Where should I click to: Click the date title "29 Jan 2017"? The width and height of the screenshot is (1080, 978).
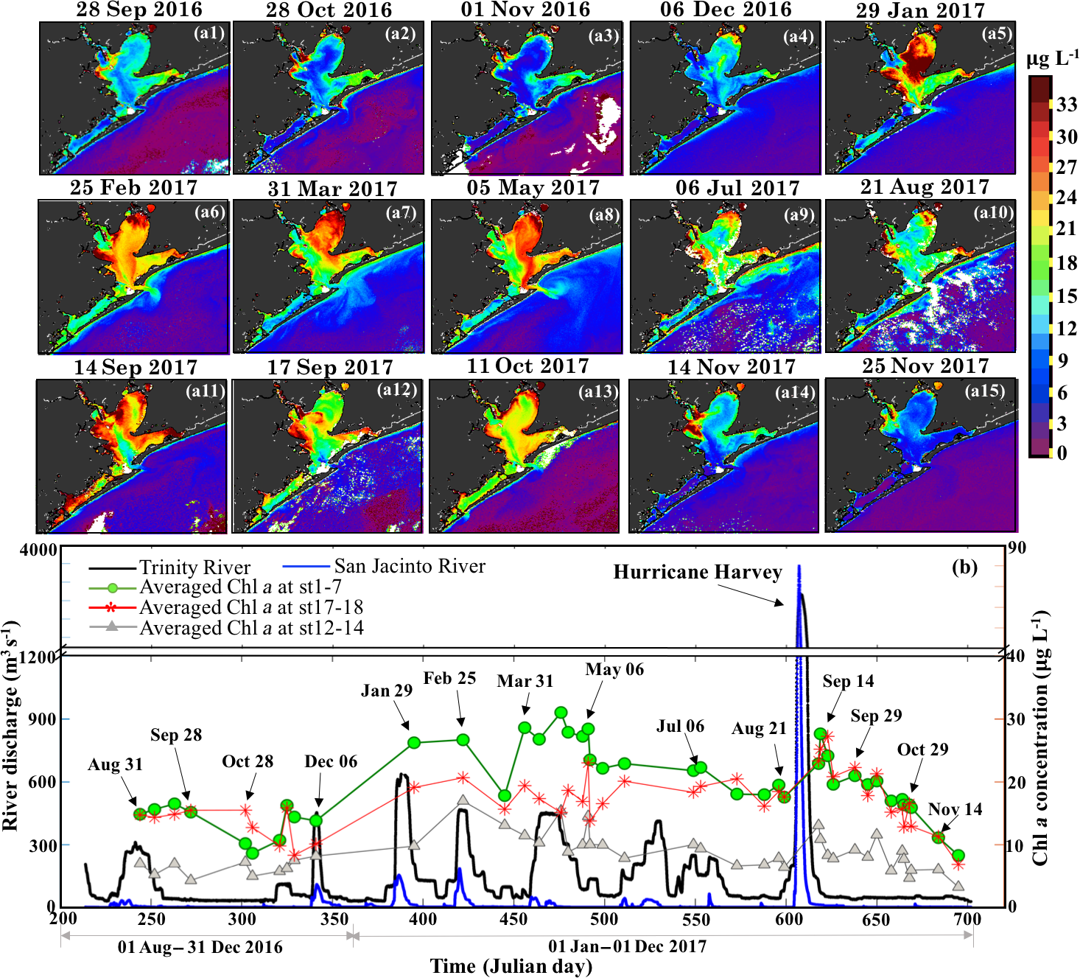920,10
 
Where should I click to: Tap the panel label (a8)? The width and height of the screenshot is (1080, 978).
604,214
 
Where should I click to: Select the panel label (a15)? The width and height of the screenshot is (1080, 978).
985,391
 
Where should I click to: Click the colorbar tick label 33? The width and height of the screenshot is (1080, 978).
1067,104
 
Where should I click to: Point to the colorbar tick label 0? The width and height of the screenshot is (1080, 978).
1062,453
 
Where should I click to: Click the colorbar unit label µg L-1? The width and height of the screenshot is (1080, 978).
1053,58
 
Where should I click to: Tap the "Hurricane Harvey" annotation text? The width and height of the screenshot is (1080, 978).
697,573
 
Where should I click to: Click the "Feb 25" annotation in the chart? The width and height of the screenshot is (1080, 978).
449,678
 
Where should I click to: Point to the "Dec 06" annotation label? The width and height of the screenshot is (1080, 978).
331,761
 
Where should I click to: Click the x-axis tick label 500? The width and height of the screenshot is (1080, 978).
604,918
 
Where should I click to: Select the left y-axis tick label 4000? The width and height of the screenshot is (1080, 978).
38,550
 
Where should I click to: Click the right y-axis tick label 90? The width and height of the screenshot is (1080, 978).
1017,548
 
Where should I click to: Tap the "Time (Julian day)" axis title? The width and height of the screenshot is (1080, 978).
511,966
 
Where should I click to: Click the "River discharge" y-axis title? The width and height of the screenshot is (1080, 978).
10,726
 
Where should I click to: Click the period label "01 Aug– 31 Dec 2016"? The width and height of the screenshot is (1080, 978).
200,947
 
